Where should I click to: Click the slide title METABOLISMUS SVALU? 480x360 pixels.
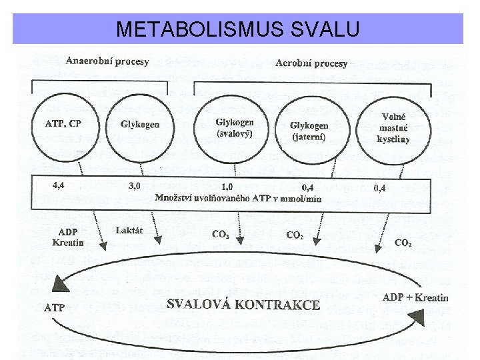pyautogui.click(x=238, y=29)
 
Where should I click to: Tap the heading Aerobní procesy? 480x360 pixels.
pyautogui.click(x=311, y=63)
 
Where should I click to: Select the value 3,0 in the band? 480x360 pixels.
pyautogui.click(x=134, y=186)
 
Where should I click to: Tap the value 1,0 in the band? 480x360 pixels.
pyautogui.click(x=227, y=187)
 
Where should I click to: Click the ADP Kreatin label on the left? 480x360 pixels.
pyautogui.click(x=68, y=237)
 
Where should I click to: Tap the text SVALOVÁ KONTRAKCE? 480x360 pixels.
pyautogui.click(x=243, y=305)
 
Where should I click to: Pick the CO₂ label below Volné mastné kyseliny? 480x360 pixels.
pyautogui.click(x=403, y=243)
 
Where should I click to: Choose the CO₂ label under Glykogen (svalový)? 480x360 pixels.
pyautogui.click(x=220, y=234)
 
